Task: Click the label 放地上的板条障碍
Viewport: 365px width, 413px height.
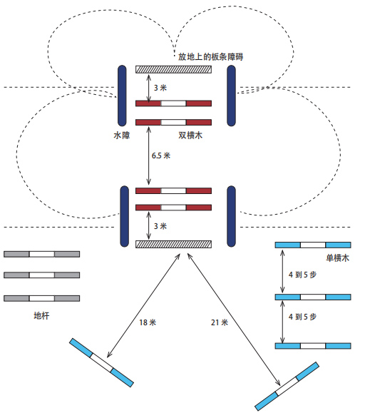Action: (210, 56)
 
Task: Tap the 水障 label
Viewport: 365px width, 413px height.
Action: (122, 136)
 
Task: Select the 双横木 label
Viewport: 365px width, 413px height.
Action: (190, 136)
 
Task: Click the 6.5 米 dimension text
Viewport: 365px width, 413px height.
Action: (161, 155)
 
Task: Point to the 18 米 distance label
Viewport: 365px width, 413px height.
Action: (148, 322)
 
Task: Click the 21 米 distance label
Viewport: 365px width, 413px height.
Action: (219, 322)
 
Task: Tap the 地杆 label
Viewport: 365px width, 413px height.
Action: (41, 315)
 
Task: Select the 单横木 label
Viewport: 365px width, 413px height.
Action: (338, 258)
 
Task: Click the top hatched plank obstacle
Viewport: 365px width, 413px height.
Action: (173, 69)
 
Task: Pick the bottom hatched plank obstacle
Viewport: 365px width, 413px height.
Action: (173, 244)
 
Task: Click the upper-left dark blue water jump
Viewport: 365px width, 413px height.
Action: (122, 96)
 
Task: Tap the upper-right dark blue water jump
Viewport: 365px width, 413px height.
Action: (231, 96)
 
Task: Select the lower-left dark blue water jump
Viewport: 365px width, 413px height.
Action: (124, 216)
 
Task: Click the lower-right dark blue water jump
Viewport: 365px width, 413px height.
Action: (231, 216)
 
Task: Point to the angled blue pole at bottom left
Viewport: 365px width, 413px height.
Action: (101, 362)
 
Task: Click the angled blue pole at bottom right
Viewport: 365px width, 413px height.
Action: (287, 387)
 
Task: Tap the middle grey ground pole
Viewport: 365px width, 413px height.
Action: (41, 275)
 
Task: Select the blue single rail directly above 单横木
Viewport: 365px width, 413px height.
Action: (313, 245)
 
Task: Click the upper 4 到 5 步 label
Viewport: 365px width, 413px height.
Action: (302, 275)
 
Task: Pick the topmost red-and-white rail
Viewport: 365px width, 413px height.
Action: (173, 103)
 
